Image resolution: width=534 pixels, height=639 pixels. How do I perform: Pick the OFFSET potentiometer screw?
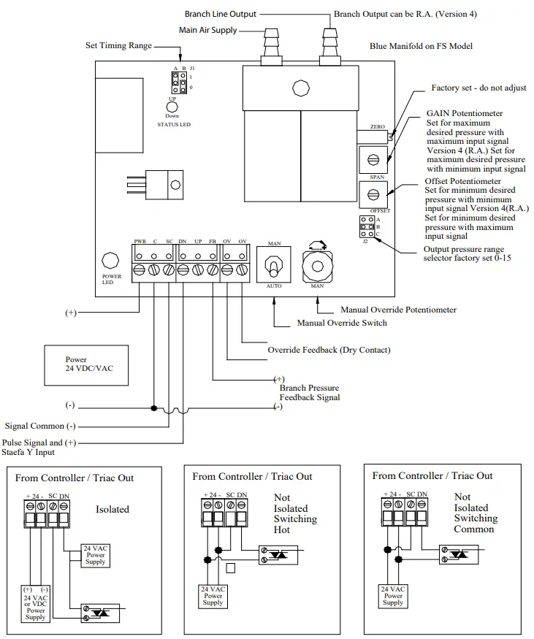pyautogui.click(x=373, y=194)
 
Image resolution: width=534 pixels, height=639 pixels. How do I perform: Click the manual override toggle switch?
pyautogui.click(x=275, y=264)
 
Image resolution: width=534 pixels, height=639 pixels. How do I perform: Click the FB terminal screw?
pyautogui.click(x=212, y=270)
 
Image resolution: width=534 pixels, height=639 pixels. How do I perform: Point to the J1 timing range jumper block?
pyautogui.click(x=177, y=81)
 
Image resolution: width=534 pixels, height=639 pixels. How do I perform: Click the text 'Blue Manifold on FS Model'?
pyautogui.click(x=421, y=47)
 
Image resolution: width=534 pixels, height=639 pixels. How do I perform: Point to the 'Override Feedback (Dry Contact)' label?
pyautogui.click(x=329, y=350)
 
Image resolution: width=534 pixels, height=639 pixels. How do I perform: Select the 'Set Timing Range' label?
pyautogui.click(x=118, y=46)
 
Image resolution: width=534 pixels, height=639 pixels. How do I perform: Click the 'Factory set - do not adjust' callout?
pyautogui.click(x=478, y=88)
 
